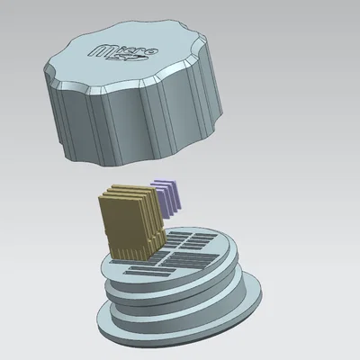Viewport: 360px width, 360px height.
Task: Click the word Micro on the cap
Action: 123,51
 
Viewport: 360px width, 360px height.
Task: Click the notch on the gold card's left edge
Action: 106,231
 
